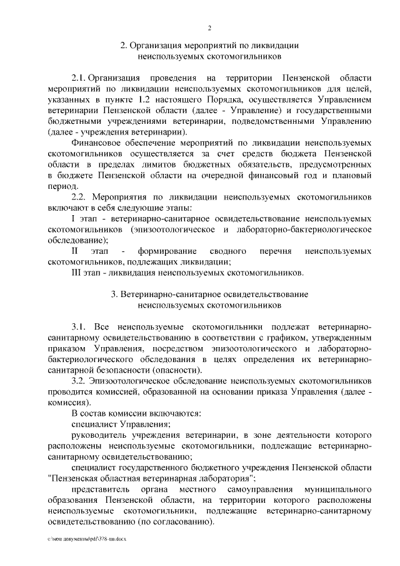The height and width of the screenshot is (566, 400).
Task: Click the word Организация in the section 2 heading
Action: coord(157,46)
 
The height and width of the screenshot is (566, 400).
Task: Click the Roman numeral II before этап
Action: coord(74,251)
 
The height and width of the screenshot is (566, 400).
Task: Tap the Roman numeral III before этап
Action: coord(77,273)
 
